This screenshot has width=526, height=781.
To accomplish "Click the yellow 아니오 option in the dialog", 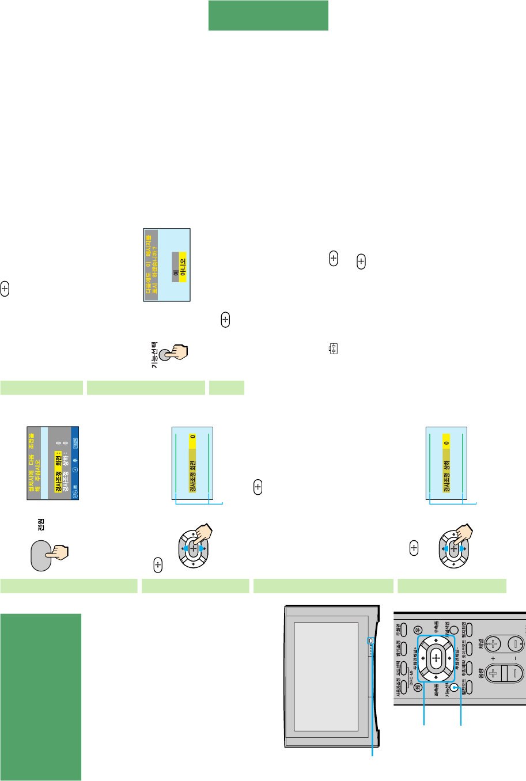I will click(183, 267).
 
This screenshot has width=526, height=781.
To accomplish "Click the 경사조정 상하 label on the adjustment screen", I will click(446, 476).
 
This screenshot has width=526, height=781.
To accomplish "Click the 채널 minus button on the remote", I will click(515, 643).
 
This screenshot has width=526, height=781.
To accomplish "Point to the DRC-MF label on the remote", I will click(411, 668).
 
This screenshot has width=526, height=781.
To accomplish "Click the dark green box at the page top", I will click(268, 16).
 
